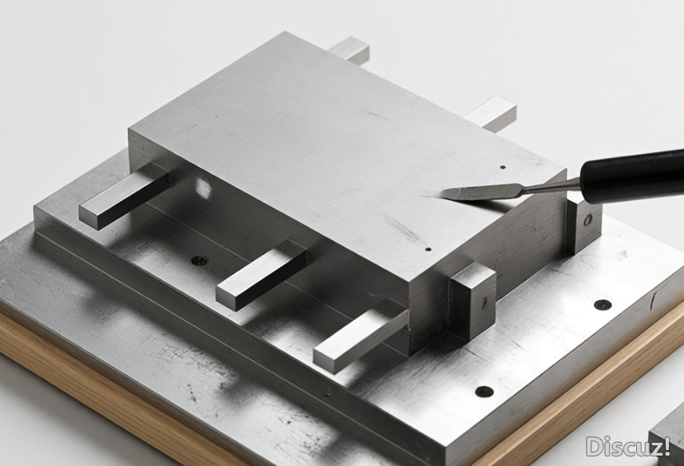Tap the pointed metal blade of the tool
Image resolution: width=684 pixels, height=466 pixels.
tap(480, 192)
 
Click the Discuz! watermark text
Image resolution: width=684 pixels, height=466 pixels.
tap(628, 447)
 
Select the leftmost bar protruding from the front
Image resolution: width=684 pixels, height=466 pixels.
tap(124, 195)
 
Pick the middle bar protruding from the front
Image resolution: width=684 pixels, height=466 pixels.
tap(262, 275)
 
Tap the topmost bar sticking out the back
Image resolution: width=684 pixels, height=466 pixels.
tap(350, 49)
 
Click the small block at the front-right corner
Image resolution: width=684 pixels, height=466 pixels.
tap(472, 301)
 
